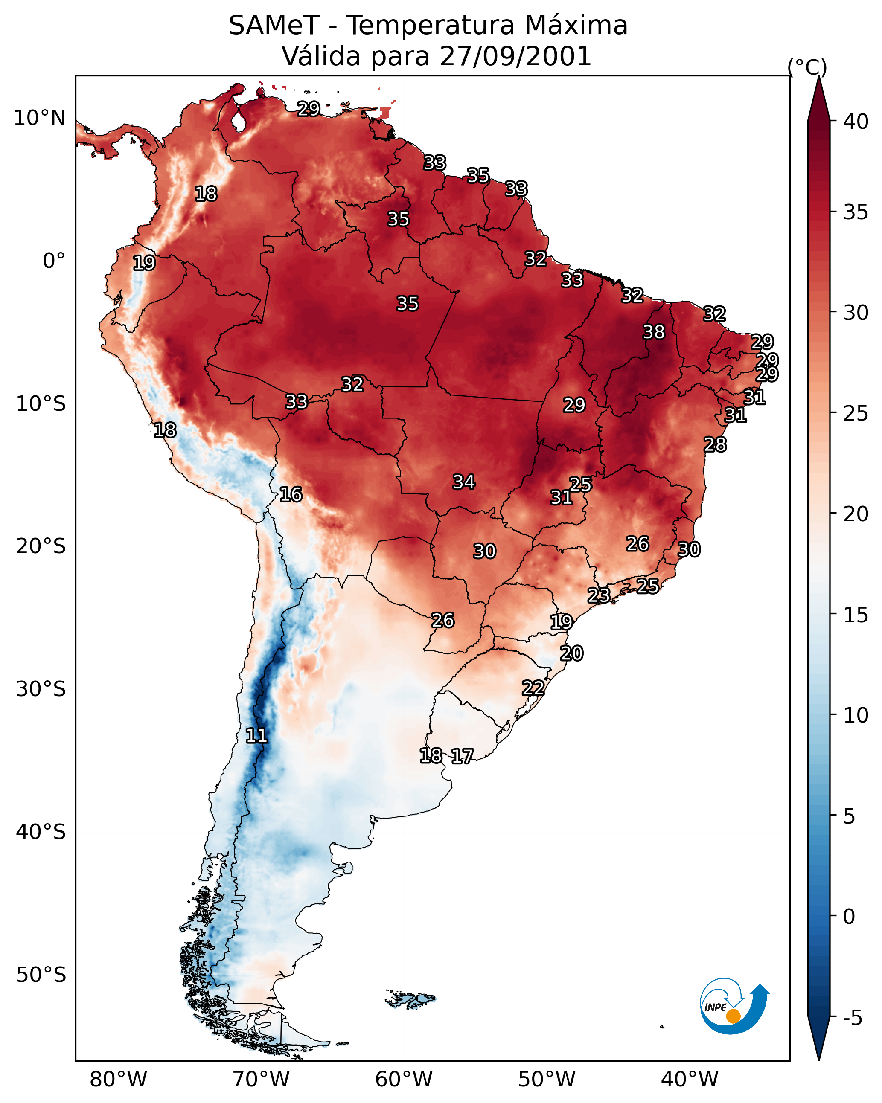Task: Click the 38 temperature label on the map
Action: pyautogui.click(x=654, y=332)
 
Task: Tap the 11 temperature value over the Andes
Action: pyautogui.click(x=256, y=736)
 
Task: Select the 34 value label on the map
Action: pyautogui.click(x=464, y=482)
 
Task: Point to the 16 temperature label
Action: pyautogui.click(x=291, y=494)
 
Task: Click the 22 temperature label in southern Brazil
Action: pyautogui.click(x=533, y=688)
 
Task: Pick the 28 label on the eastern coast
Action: pyautogui.click(x=715, y=444)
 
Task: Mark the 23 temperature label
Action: pyautogui.click(x=598, y=595)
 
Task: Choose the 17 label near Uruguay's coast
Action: pyautogui.click(x=462, y=756)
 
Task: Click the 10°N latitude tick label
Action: pyautogui.click(x=39, y=118)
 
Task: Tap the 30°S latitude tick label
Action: pyautogui.click(x=41, y=689)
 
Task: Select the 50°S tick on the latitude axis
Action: pyautogui.click(x=41, y=975)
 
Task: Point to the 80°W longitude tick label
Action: pyautogui.click(x=118, y=1079)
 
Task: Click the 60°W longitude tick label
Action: pyautogui.click(x=404, y=1079)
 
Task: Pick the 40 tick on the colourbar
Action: pyautogui.click(x=856, y=122)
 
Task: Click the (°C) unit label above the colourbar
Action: pyautogui.click(x=807, y=67)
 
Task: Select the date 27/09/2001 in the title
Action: pyautogui.click(x=515, y=56)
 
